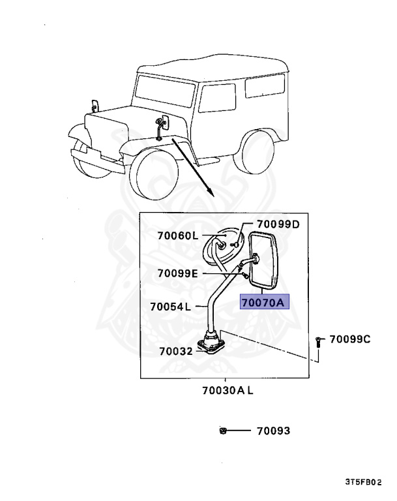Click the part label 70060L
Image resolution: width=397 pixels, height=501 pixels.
(x=177, y=235)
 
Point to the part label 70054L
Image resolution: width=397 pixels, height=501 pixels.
(x=169, y=306)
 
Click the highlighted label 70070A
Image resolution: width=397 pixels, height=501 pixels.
(x=265, y=303)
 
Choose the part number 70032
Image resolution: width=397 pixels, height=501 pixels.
(x=175, y=351)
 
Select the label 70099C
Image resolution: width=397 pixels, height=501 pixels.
(x=349, y=339)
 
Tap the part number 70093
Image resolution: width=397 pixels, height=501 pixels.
(x=273, y=431)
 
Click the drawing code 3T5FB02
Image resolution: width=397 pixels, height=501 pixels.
(x=364, y=483)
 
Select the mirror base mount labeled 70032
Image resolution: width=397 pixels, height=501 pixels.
(x=212, y=342)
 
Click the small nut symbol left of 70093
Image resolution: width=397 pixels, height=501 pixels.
(x=223, y=431)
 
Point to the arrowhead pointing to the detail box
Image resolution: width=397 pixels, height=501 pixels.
(x=211, y=191)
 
